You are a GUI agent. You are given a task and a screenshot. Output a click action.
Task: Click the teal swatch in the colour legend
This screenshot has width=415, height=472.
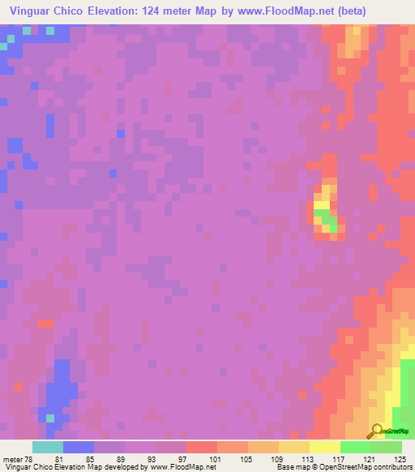point(48,447)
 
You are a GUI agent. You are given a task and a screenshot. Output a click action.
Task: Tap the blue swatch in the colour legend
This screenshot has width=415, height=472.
point(79,447)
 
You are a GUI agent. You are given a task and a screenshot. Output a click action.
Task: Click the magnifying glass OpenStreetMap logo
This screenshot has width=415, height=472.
point(378,430)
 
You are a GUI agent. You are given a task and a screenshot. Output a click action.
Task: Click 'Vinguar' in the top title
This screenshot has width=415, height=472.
point(32,11)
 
